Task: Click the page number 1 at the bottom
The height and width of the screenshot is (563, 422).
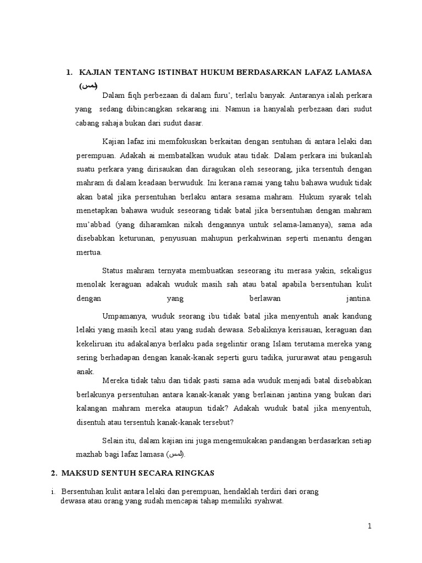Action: point(370,526)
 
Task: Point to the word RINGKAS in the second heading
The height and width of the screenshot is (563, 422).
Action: point(193,473)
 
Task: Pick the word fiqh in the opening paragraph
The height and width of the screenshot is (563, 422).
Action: point(135,95)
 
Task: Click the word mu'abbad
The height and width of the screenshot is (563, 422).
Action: point(90,224)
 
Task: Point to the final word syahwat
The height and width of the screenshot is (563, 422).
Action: point(269,501)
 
